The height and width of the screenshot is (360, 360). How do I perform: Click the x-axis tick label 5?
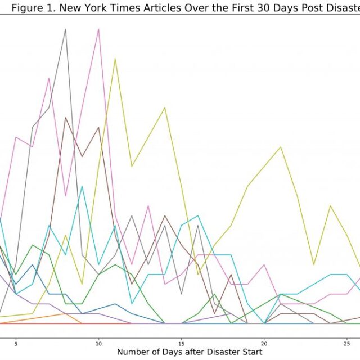[16, 342]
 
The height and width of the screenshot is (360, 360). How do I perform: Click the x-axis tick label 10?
[98, 342]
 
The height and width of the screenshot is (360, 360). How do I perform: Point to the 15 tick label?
[181, 342]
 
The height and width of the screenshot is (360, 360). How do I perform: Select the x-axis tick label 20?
[264, 342]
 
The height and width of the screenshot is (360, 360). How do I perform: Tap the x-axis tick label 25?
[347, 342]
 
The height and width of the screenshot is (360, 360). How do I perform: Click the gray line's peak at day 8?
[66, 29]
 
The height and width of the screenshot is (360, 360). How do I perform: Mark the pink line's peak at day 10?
[99, 29]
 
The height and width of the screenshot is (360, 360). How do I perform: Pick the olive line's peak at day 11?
[115, 58]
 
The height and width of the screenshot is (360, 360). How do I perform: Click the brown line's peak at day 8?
[66, 118]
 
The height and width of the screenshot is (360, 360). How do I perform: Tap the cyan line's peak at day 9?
[82, 186]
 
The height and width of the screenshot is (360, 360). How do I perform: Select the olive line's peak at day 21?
[281, 147]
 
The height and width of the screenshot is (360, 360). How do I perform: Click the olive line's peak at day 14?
[165, 107]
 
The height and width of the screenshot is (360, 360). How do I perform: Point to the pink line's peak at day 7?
[49, 78]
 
